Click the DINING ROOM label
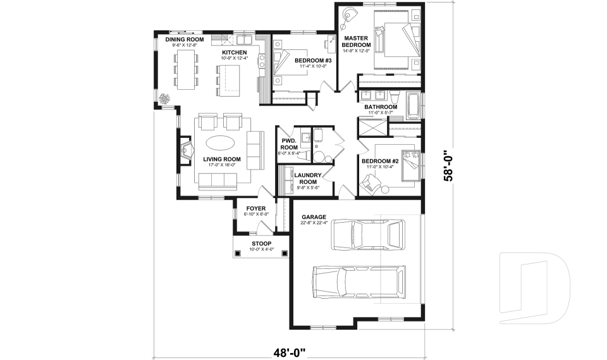[181, 39]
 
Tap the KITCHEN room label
[234, 52]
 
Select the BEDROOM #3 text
[309, 60]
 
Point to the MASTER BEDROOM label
[355, 42]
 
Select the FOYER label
[256, 208]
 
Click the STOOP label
[261, 244]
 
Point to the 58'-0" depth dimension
[450, 166]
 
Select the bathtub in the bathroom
[413, 106]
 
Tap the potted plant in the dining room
[166, 99]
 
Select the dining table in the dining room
[186, 68]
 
